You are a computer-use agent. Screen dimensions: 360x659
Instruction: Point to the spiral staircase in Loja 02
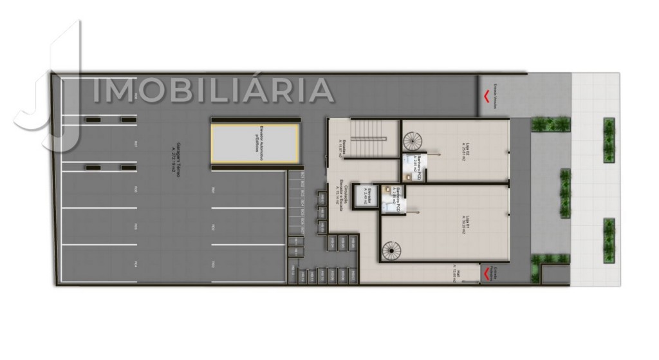click(x=411, y=139)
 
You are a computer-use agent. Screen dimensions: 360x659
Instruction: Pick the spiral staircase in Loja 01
click(x=390, y=251)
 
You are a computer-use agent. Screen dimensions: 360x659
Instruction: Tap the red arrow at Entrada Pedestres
click(x=486, y=274)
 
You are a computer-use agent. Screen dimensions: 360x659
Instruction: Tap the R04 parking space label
click(x=135, y=264)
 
